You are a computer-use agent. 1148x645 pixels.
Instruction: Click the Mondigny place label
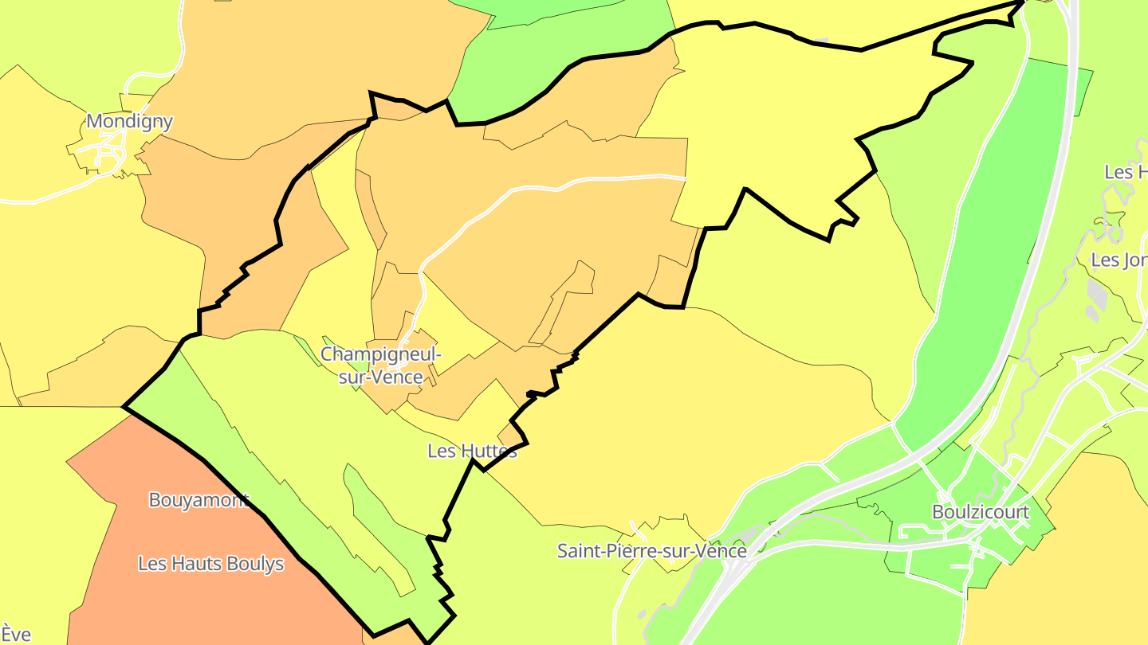click(129, 122)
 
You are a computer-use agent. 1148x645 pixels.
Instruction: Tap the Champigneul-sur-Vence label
click(380, 365)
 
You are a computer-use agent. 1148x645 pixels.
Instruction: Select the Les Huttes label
click(472, 451)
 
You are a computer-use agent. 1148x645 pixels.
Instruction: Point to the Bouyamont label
click(199, 500)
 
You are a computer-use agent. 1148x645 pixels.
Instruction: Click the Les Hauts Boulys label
click(210, 564)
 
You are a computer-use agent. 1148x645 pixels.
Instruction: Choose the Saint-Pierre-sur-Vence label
click(651, 551)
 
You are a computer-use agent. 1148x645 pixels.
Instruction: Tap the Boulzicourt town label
click(981, 512)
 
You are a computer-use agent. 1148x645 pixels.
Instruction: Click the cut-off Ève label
click(16, 634)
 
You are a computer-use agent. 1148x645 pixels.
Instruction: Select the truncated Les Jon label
click(1119, 260)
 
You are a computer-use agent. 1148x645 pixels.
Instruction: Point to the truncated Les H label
click(1125, 172)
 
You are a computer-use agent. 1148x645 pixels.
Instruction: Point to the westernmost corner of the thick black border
click(124, 407)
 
